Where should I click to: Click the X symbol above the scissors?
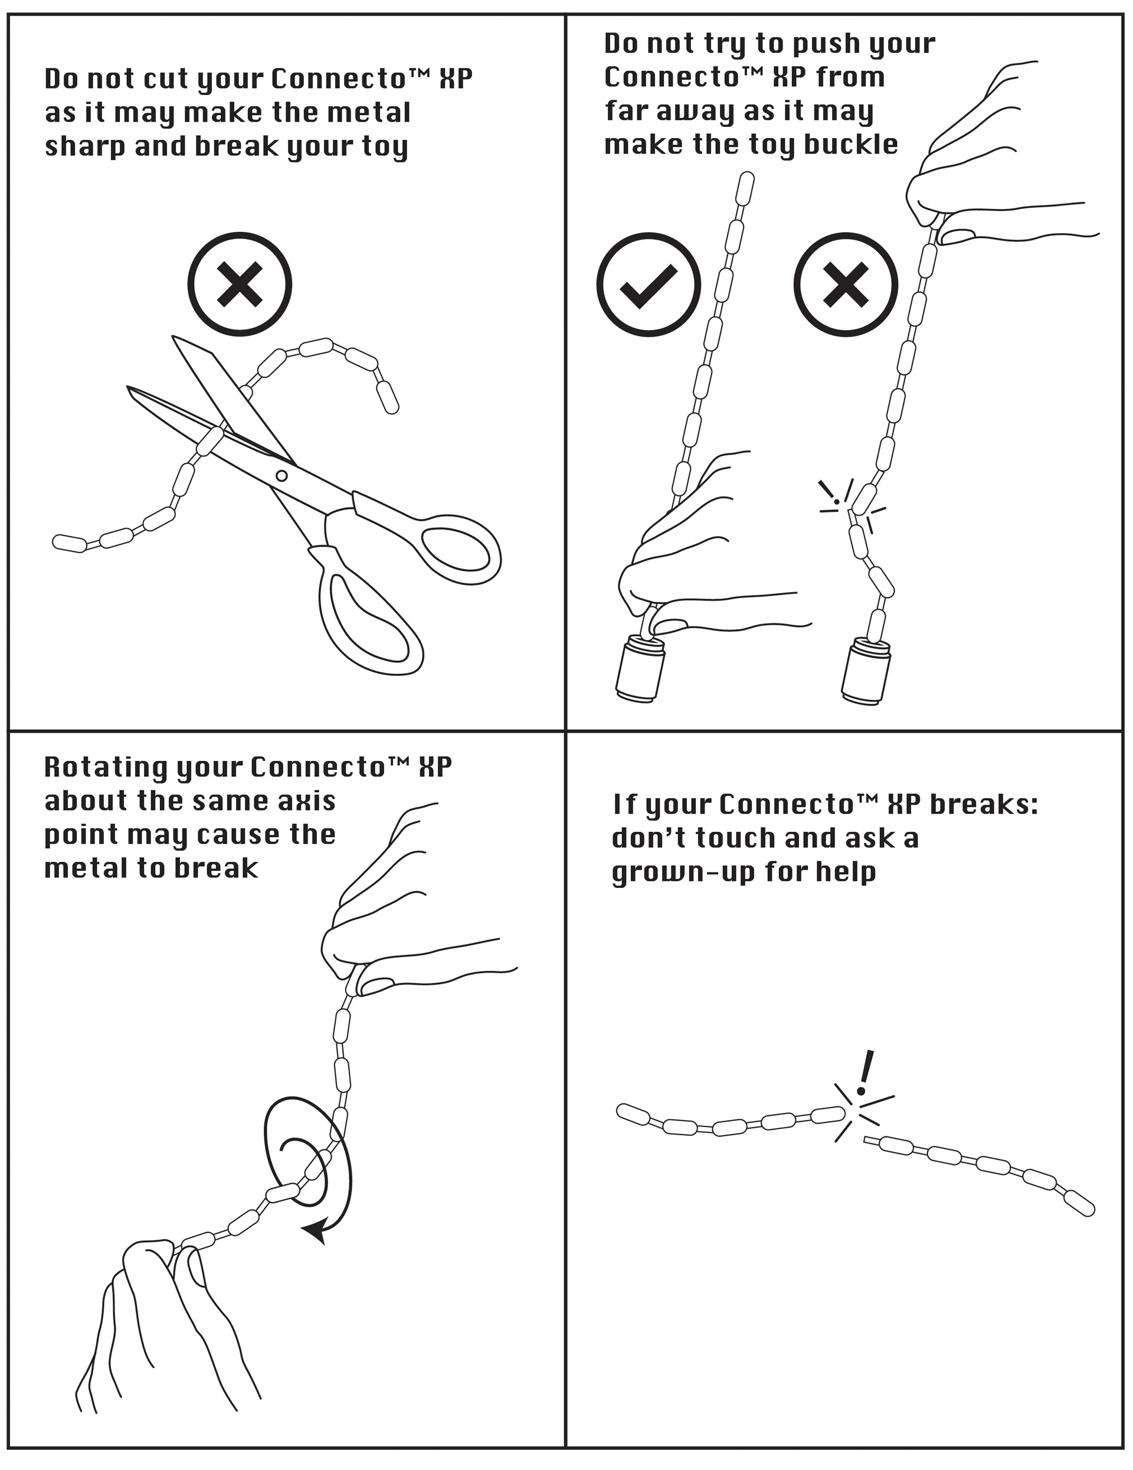pos(240,284)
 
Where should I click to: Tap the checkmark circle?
pos(649,284)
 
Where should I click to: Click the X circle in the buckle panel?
pos(846,284)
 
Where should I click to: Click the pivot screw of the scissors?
pos(282,476)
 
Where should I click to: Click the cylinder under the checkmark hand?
pos(640,669)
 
